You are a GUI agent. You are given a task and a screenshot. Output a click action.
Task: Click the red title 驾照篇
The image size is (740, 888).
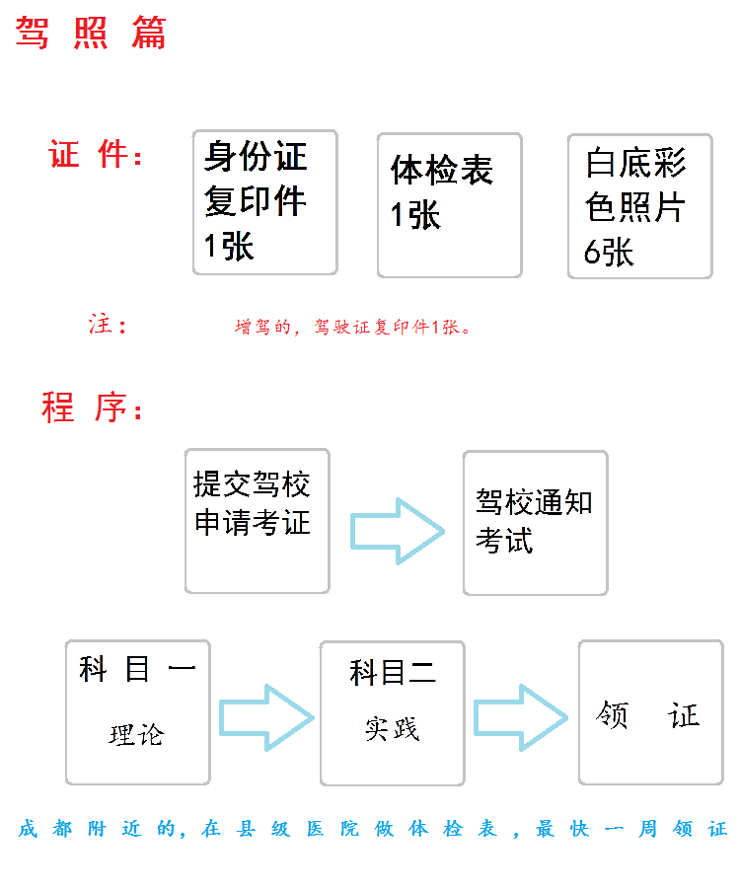tap(91, 33)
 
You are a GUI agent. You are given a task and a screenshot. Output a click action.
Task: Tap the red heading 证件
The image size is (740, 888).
tap(95, 154)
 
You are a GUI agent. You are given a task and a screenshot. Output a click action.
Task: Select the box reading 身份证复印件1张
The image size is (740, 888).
tap(265, 202)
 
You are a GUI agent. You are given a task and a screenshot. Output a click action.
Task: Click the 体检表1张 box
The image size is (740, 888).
tap(450, 205)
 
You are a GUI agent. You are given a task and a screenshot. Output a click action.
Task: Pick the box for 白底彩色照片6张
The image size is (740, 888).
tap(639, 206)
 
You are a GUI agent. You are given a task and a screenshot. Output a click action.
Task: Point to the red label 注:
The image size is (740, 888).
tap(108, 325)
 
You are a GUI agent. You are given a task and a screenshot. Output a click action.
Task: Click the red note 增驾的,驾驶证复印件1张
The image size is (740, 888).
tap(352, 327)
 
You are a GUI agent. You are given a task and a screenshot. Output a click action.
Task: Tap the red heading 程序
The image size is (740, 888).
tap(91, 407)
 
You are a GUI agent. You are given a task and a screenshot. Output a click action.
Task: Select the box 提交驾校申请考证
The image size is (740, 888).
tap(258, 521)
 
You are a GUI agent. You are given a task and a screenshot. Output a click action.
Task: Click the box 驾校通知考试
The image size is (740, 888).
tap(535, 523)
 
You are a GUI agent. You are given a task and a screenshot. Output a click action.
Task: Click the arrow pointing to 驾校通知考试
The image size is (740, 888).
tap(398, 531)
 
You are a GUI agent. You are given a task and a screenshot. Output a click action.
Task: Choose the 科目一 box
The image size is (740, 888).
tap(137, 712)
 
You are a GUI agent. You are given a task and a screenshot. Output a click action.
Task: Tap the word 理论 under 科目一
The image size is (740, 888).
tap(136, 735)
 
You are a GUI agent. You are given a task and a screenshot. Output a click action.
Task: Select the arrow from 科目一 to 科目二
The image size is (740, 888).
tap(266, 718)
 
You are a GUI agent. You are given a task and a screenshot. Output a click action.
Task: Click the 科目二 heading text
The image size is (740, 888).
tap(393, 673)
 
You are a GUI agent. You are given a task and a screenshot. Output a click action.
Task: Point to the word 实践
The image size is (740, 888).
tap(392, 729)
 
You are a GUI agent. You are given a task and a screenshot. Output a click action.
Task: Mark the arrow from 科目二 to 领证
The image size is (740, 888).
tap(520, 717)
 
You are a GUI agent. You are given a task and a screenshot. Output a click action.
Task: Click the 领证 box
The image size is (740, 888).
tap(651, 712)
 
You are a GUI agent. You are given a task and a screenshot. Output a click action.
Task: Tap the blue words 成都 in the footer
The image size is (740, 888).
tap(45, 829)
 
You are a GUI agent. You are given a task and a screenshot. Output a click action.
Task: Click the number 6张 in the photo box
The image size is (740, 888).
tap(609, 252)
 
